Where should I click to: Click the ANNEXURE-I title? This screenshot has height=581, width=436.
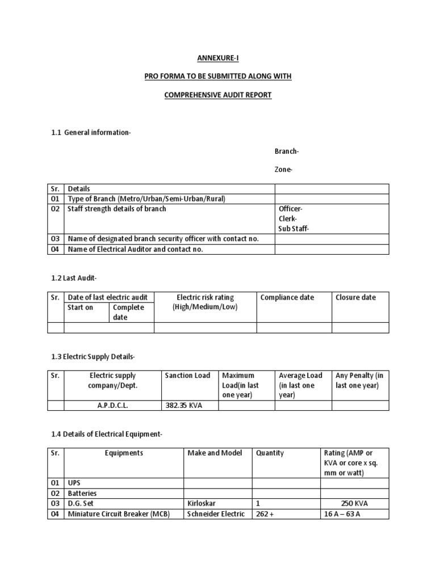[218, 58]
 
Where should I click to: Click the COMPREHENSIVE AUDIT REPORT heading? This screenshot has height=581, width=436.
[218, 95]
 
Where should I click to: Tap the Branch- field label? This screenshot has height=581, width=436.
[287, 151]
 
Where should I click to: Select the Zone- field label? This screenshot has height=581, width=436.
[284, 170]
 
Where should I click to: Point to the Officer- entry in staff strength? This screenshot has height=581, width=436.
[291, 209]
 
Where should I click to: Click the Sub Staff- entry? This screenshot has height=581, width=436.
[294, 229]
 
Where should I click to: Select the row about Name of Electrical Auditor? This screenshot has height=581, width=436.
[135, 249]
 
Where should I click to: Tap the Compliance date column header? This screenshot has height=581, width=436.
[287, 297]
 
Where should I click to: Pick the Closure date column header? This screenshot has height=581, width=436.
[355, 297]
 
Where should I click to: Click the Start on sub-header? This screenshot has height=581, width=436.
[81, 308]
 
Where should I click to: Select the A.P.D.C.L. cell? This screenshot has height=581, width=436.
[112, 405]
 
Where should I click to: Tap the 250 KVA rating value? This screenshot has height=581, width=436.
[355, 504]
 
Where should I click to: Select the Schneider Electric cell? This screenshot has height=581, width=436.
[216, 514]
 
